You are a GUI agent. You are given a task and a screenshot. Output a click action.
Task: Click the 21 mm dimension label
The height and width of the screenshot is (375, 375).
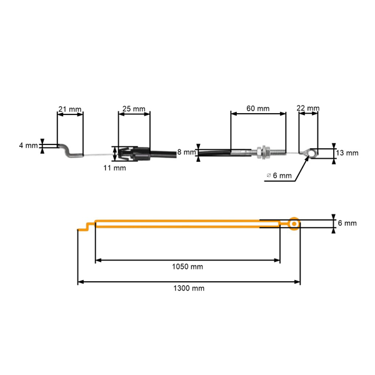[70, 109]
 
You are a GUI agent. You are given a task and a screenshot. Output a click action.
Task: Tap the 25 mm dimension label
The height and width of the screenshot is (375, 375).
[134, 109]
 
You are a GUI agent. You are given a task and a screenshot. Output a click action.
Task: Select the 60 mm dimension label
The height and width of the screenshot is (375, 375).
[257, 108]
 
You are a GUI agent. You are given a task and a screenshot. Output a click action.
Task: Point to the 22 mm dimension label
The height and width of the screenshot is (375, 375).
[307, 108]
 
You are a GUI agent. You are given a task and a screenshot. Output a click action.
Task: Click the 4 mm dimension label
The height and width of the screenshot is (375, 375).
[29, 145]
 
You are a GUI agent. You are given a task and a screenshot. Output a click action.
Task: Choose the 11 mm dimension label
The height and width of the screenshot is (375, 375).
[114, 168]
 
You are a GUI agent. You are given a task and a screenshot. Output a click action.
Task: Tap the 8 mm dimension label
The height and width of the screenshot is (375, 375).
[186, 152]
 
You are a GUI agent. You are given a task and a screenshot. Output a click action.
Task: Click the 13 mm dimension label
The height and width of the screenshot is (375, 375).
[347, 153]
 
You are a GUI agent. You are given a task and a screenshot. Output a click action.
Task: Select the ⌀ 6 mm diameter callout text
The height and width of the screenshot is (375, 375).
[279, 176]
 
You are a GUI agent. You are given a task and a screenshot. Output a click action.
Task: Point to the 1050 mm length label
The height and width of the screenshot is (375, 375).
[187, 266]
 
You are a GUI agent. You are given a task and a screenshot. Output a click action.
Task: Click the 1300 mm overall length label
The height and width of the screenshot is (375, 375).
[189, 288]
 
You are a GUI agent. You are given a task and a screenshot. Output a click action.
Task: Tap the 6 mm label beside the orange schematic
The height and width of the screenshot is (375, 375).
[347, 223]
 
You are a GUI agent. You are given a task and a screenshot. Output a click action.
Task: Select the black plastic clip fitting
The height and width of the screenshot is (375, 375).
[134, 154]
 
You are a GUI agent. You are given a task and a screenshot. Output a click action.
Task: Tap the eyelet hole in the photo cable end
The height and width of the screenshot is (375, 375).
[312, 152]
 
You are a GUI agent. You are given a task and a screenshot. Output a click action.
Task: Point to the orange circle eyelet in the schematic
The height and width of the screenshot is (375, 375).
[294, 224]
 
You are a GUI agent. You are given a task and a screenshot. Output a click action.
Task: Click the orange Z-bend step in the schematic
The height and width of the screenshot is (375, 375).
[86, 227]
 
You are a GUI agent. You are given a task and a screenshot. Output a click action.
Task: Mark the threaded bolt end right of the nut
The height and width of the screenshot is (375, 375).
[278, 152]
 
